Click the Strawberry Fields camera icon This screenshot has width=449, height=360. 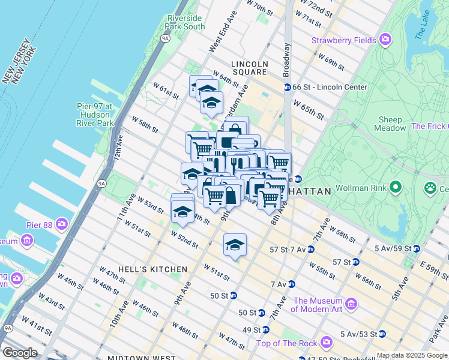(385, 40)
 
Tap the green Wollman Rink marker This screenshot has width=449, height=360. (395, 188)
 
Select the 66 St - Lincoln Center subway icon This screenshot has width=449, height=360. (287, 87)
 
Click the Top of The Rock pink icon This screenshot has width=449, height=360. (327, 343)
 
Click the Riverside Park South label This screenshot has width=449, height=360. (186, 22)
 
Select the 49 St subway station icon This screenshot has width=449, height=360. (265, 329)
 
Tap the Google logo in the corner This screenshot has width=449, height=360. (20, 353)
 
